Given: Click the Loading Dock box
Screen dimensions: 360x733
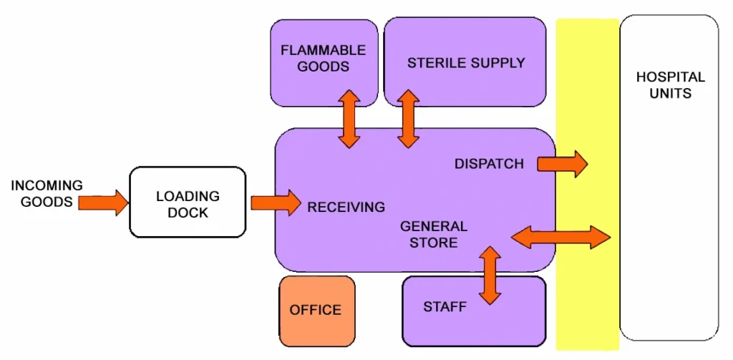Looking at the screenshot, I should [188, 203].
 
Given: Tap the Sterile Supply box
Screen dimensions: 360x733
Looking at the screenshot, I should [465, 63].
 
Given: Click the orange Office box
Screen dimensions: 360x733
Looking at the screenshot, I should [316, 311].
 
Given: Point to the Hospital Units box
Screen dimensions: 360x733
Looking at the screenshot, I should [669, 179].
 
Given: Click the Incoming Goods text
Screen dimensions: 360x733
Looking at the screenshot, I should [47, 193].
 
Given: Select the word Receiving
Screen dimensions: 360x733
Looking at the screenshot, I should [346, 208].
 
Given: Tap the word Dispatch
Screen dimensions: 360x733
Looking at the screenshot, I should [489, 164].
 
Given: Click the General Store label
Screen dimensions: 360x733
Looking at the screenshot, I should [433, 234].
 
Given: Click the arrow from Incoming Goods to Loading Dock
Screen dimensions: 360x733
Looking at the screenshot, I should [103, 202].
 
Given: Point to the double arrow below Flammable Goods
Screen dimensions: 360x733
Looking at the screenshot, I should [349, 119].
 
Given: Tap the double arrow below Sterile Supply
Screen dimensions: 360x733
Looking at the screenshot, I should [408, 119].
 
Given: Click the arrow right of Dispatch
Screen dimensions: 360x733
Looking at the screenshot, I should [562, 164].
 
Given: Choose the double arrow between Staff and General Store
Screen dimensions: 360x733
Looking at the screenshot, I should [490, 275].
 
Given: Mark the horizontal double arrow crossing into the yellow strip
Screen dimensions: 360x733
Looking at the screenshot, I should [561, 236].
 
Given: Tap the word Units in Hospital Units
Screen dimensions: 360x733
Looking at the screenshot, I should [671, 93].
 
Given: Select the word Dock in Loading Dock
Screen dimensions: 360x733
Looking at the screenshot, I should [188, 213].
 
